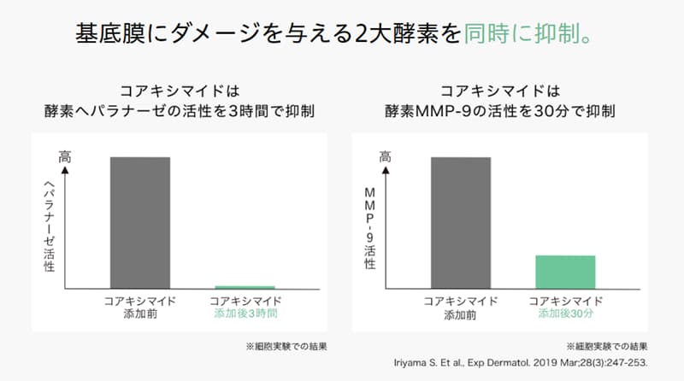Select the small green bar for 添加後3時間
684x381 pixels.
click(245, 287)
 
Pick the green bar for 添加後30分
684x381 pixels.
click(565, 272)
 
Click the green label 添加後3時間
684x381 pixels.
click(245, 314)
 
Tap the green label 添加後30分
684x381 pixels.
click(566, 314)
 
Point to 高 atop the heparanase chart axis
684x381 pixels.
click(64, 157)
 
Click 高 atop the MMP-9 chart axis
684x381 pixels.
click(386, 157)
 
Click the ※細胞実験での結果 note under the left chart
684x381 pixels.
click(286, 347)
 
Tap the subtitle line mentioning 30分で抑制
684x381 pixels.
click(502, 111)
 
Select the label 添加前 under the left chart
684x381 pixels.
click(139, 314)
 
